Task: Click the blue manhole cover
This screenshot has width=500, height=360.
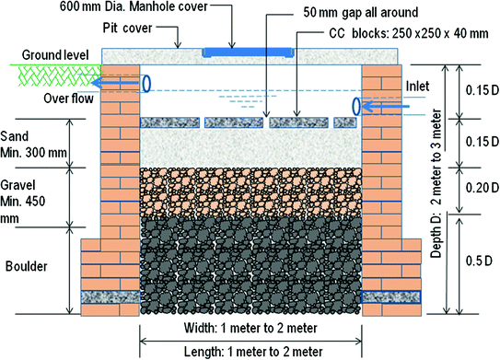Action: coord(248,52)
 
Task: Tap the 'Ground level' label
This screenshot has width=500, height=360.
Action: coord(55,55)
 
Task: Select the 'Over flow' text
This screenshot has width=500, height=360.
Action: coord(68,99)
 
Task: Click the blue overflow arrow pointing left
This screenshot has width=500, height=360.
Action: coord(115,83)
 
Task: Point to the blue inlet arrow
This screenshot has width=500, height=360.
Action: coord(386,106)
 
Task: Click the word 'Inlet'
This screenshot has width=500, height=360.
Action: coord(417,87)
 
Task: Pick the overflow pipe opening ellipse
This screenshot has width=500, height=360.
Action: coord(146,84)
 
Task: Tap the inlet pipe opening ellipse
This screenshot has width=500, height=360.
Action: coord(357,106)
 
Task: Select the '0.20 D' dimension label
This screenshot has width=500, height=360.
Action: coord(482,188)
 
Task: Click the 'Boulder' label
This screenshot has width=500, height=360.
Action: coord(27,266)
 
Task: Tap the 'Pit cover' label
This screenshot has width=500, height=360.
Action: coord(127,28)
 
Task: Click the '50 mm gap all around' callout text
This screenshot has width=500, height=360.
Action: coord(361,13)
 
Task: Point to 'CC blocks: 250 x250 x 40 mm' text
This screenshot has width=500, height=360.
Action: coord(409,33)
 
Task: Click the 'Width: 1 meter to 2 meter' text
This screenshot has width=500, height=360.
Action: coord(250,328)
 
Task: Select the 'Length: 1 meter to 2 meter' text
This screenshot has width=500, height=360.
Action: coord(253,352)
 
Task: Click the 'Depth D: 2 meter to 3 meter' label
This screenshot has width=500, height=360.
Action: coord(436,183)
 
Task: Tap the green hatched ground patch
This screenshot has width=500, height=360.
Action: coord(56,75)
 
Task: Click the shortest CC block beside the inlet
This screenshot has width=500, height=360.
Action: coord(345,122)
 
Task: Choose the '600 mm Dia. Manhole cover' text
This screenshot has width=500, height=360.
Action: coord(134,6)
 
